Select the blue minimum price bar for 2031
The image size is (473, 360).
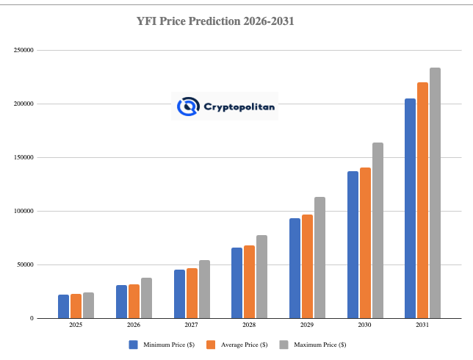coord(410,209)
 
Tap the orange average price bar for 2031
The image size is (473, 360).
coord(422,201)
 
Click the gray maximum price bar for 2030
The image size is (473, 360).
coord(378,231)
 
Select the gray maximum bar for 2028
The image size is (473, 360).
coord(261,277)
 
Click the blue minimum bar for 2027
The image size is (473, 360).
coord(179,294)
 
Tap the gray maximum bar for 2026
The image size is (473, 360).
coord(146,298)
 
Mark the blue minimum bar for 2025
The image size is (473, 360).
coord(63,306)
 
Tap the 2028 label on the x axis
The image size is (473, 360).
coord(249,325)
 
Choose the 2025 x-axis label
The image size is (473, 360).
coord(76,325)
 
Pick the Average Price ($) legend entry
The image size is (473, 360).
coord(238,344)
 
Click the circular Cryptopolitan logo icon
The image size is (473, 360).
coord(189,107)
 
